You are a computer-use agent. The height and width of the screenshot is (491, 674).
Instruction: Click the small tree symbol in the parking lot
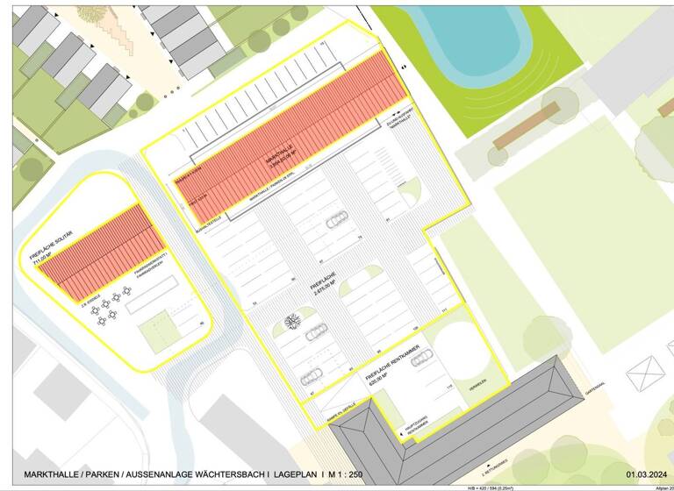pos(292,321)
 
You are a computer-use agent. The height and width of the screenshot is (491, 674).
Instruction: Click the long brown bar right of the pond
pos(527,126)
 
